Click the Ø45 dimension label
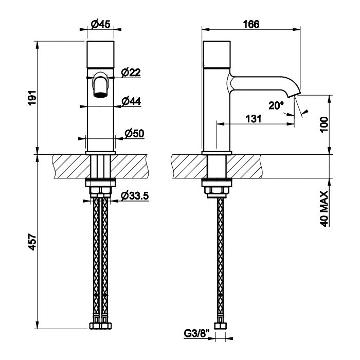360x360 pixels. coord(101,24)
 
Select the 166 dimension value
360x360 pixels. coord(251,24)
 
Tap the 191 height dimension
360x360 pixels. coord(32,98)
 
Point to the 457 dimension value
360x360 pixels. coord(32,242)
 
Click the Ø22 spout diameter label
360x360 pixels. coord(131,73)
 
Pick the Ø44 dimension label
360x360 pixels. coord(131,101)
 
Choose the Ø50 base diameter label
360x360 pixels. coord(134,134)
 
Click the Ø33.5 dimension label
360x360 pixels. coord(135,196)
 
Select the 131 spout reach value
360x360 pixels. coord(254,119)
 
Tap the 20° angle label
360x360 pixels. coord(276,105)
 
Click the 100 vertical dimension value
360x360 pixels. coord(324,124)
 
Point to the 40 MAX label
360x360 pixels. coord(324,209)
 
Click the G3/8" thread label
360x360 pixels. coord(197,334)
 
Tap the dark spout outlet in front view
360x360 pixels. coord(101,95)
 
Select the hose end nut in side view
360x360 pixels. coord(221,326)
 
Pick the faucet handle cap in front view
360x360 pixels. coord(101,55)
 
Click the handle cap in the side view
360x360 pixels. coord(217,55)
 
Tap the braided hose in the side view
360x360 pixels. coord(221,257)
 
